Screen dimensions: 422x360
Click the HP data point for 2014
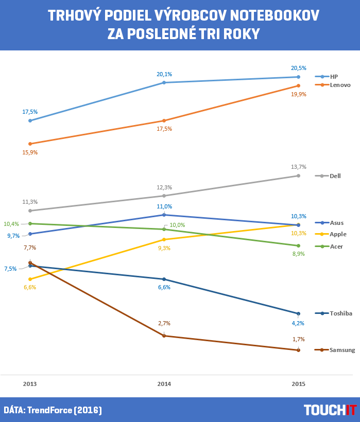click(x=164, y=82)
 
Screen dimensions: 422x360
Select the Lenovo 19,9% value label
click(x=299, y=94)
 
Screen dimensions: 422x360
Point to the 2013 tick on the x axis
click(x=30, y=384)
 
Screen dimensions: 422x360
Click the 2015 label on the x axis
click(x=299, y=384)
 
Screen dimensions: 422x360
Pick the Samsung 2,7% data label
click(x=164, y=323)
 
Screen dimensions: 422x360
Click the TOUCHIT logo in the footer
click(x=330, y=410)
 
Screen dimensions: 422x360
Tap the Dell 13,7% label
click(x=299, y=167)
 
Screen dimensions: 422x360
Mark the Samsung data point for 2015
click(x=299, y=350)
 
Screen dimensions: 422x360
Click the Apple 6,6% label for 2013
click(x=30, y=287)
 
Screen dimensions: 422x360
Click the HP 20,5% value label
click(x=299, y=68)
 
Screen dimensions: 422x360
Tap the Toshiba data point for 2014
click(x=164, y=279)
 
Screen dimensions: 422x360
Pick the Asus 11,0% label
click(x=164, y=206)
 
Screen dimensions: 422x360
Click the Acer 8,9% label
click(x=299, y=254)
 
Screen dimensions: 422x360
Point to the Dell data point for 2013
click(x=30, y=210)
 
